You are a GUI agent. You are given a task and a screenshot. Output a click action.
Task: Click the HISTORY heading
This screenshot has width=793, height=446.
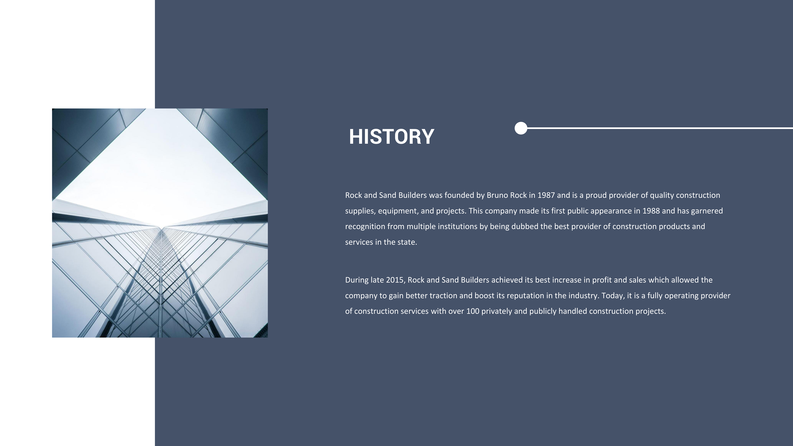click(392, 137)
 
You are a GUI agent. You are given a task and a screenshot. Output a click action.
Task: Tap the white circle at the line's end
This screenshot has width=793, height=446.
click(521, 128)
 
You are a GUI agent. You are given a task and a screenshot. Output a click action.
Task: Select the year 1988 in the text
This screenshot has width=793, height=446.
click(651, 211)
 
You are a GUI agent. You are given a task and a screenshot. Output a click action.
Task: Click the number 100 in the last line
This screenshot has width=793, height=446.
click(473, 311)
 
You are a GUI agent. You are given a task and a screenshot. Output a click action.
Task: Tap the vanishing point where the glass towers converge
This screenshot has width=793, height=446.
click(161, 228)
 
